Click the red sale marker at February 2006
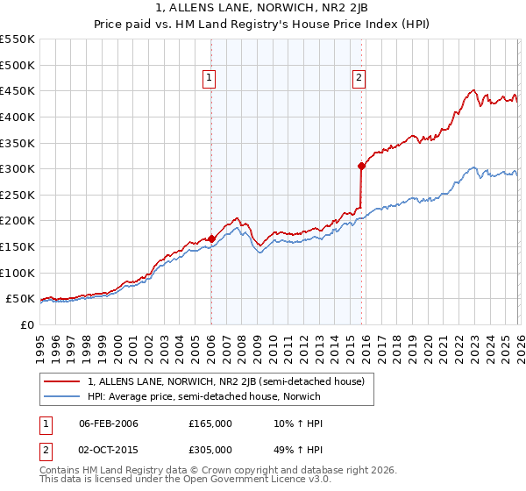click(x=211, y=238)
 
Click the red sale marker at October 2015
click(x=361, y=165)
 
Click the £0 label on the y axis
click(x=25, y=324)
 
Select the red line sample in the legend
click(x=61, y=381)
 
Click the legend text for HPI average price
click(x=204, y=396)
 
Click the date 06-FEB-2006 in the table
click(x=109, y=423)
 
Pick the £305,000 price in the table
click(x=210, y=452)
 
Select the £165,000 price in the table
click(x=210, y=423)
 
